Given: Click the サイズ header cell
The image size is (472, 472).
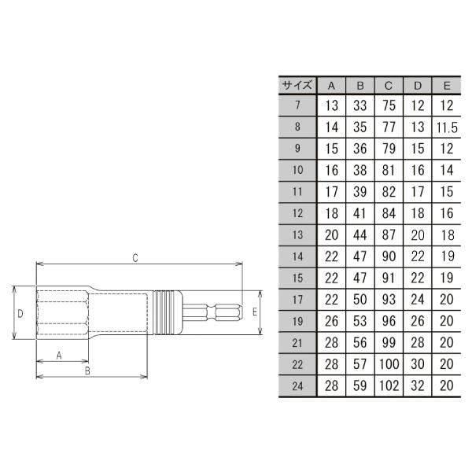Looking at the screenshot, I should (297, 86).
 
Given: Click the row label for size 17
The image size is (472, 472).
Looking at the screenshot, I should (297, 300).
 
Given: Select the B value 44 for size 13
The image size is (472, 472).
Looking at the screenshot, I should (359, 236).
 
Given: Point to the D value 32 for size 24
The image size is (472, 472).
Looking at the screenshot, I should (417, 386).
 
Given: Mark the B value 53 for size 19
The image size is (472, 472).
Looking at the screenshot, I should (359, 322).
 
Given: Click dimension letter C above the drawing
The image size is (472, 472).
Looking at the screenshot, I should (135, 257).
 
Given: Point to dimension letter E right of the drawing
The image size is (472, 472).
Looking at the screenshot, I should (254, 312).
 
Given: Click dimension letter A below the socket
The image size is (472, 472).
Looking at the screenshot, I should (59, 356).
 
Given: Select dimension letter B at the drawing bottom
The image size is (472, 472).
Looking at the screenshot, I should (88, 369).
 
